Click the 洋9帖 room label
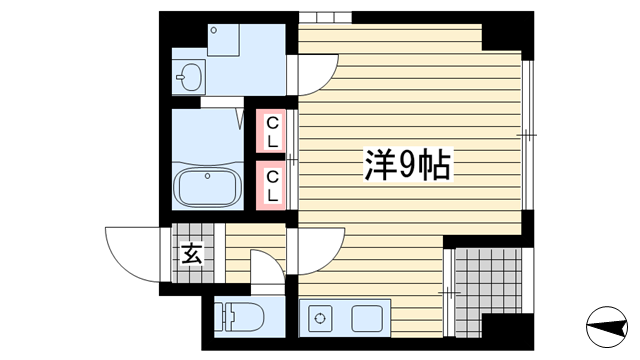tap(408, 164)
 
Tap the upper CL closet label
tap(272, 131)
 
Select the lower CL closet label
tap(272, 186)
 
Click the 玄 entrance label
tap(192, 254)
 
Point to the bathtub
tap(208, 187)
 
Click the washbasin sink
tap(188, 77)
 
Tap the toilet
tap(239, 317)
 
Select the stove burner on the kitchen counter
tap(320, 318)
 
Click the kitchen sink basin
tap(367, 318)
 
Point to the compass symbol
tap(607, 327)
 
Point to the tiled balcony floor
tap(488, 292)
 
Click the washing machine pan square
tap(223, 40)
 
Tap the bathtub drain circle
tap(207, 176)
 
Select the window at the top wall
tap(325, 18)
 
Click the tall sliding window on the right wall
tap(527, 135)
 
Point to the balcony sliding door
tap(449, 292)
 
